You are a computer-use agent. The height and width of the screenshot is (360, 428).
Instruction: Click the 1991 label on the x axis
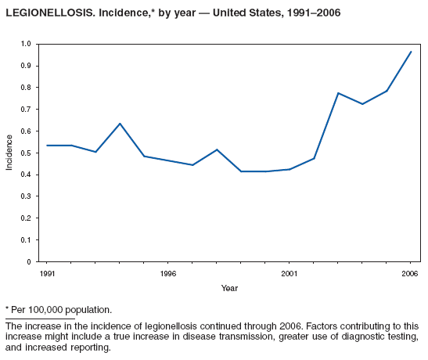pos(47,273)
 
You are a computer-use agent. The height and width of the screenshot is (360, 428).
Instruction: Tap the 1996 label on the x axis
pos(167,273)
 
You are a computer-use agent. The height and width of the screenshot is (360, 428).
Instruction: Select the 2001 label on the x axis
pos(289,273)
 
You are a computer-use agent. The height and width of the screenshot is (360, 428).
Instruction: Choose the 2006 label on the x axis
pos(410,273)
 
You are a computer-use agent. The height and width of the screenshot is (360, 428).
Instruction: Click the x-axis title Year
pos(229,288)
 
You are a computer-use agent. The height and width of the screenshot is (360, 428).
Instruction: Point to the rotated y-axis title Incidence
pos(10,153)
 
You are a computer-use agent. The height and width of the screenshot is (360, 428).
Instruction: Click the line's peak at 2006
pos(411,52)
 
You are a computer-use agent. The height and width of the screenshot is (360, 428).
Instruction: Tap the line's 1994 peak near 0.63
pos(120,124)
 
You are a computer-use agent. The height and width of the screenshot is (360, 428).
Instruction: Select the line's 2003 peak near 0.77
pos(338,93)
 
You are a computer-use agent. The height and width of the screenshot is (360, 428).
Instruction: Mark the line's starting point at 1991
pos(47,146)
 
